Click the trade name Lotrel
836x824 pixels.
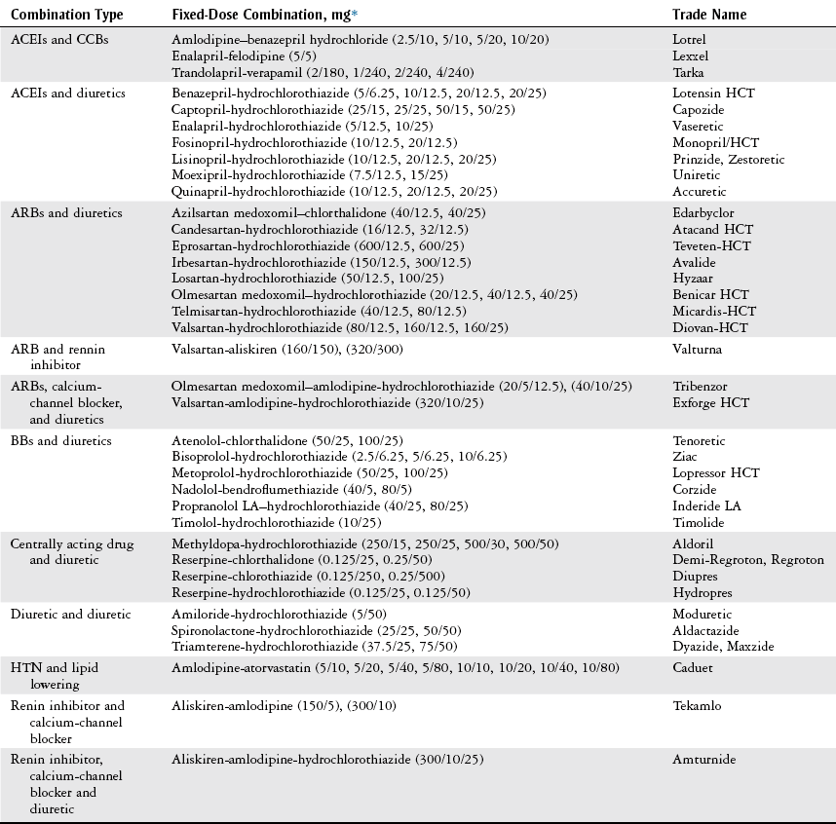point(689,40)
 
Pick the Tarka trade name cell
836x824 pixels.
point(688,73)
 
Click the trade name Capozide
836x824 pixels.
point(699,110)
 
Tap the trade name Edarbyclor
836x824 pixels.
point(703,212)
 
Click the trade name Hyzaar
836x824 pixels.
point(692,279)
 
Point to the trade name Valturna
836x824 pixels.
point(696,349)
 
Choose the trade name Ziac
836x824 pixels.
point(685,457)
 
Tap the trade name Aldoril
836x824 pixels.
point(693,543)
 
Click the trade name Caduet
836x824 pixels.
point(692,668)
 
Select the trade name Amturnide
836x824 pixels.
point(704,758)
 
